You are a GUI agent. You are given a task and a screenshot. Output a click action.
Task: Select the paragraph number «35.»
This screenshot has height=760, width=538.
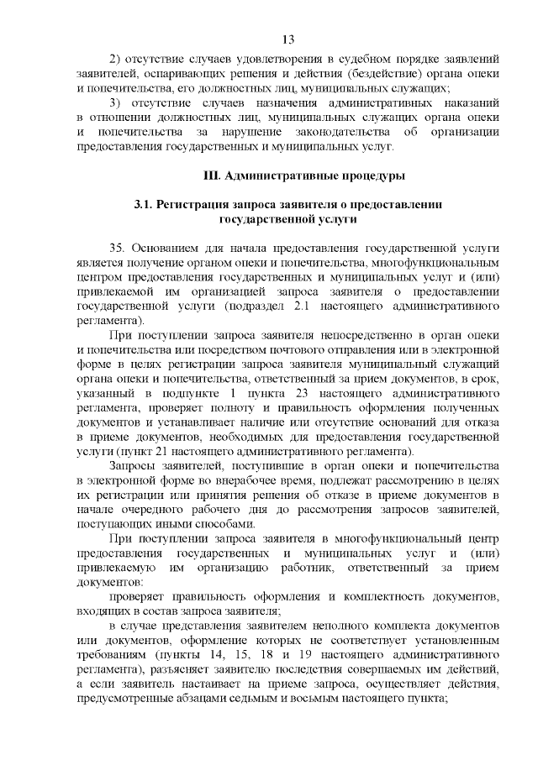(x=119, y=249)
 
